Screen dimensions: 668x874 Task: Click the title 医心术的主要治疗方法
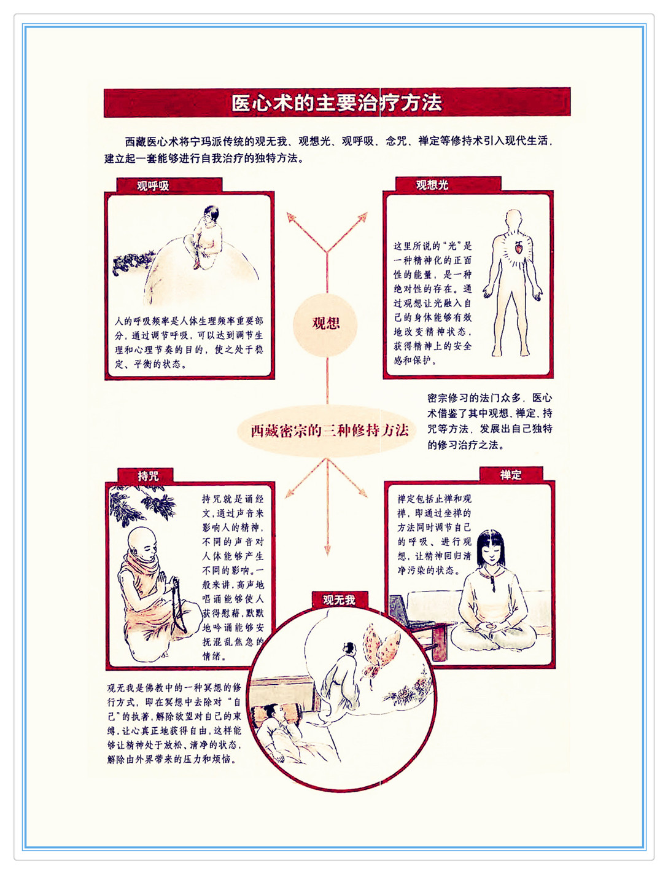pos(336,103)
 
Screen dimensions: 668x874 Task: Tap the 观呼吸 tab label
pos(153,185)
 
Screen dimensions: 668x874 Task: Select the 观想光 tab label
pos(432,185)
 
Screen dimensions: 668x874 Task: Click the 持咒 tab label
pos(148,476)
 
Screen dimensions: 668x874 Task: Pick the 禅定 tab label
pos(511,475)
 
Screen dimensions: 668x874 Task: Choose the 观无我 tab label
pos(340,599)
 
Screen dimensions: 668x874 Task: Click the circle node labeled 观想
pos(325,324)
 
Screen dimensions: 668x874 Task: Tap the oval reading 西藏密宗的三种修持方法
pos(327,431)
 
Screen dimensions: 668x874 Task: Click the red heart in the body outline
pos(518,248)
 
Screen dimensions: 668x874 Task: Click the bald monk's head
pos(142,544)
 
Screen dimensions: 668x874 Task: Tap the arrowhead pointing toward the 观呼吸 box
pos(291,217)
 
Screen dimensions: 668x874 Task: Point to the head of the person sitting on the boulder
pos(211,214)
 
